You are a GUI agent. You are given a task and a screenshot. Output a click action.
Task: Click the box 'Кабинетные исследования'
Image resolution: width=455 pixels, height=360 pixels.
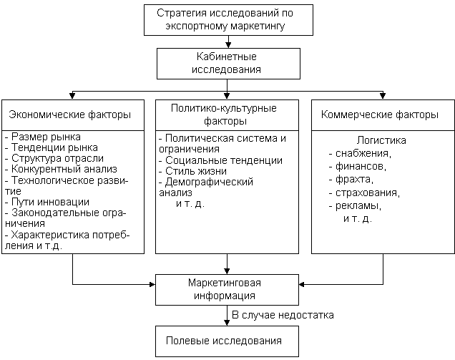[x=227, y=63]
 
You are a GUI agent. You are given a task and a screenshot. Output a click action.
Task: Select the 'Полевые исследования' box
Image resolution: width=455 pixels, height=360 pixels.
[x=227, y=341]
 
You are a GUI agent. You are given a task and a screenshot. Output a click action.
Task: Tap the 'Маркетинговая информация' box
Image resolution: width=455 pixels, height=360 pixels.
[x=227, y=288]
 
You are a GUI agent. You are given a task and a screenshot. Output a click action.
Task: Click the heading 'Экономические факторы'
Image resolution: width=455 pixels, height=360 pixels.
[x=69, y=115]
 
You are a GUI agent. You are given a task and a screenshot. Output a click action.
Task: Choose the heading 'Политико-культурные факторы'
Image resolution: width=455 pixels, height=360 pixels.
[x=226, y=114]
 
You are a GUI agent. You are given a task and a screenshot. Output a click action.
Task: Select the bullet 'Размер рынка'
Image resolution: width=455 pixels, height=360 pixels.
[x=44, y=137]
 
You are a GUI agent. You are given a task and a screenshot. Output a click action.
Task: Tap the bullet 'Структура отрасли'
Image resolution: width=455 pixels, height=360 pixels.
[x=56, y=158]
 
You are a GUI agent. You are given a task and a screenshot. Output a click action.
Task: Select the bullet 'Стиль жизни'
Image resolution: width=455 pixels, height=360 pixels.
[x=195, y=171]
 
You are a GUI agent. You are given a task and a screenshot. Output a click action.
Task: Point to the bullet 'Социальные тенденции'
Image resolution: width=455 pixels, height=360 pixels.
[x=222, y=160]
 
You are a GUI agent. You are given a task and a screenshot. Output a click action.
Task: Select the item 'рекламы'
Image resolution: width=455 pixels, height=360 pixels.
[x=358, y=205]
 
